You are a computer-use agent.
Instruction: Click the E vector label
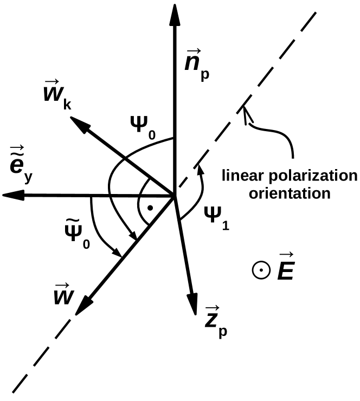click(284, 270)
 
